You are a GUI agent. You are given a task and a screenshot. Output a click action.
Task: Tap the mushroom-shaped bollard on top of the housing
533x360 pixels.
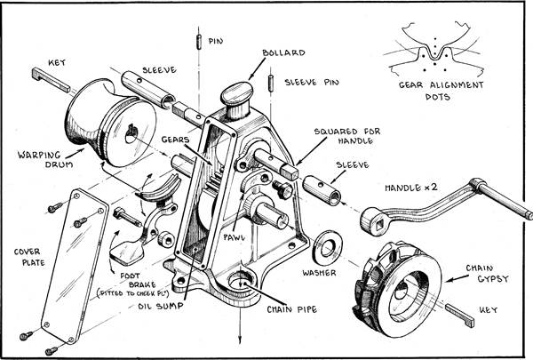pos(238,94)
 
